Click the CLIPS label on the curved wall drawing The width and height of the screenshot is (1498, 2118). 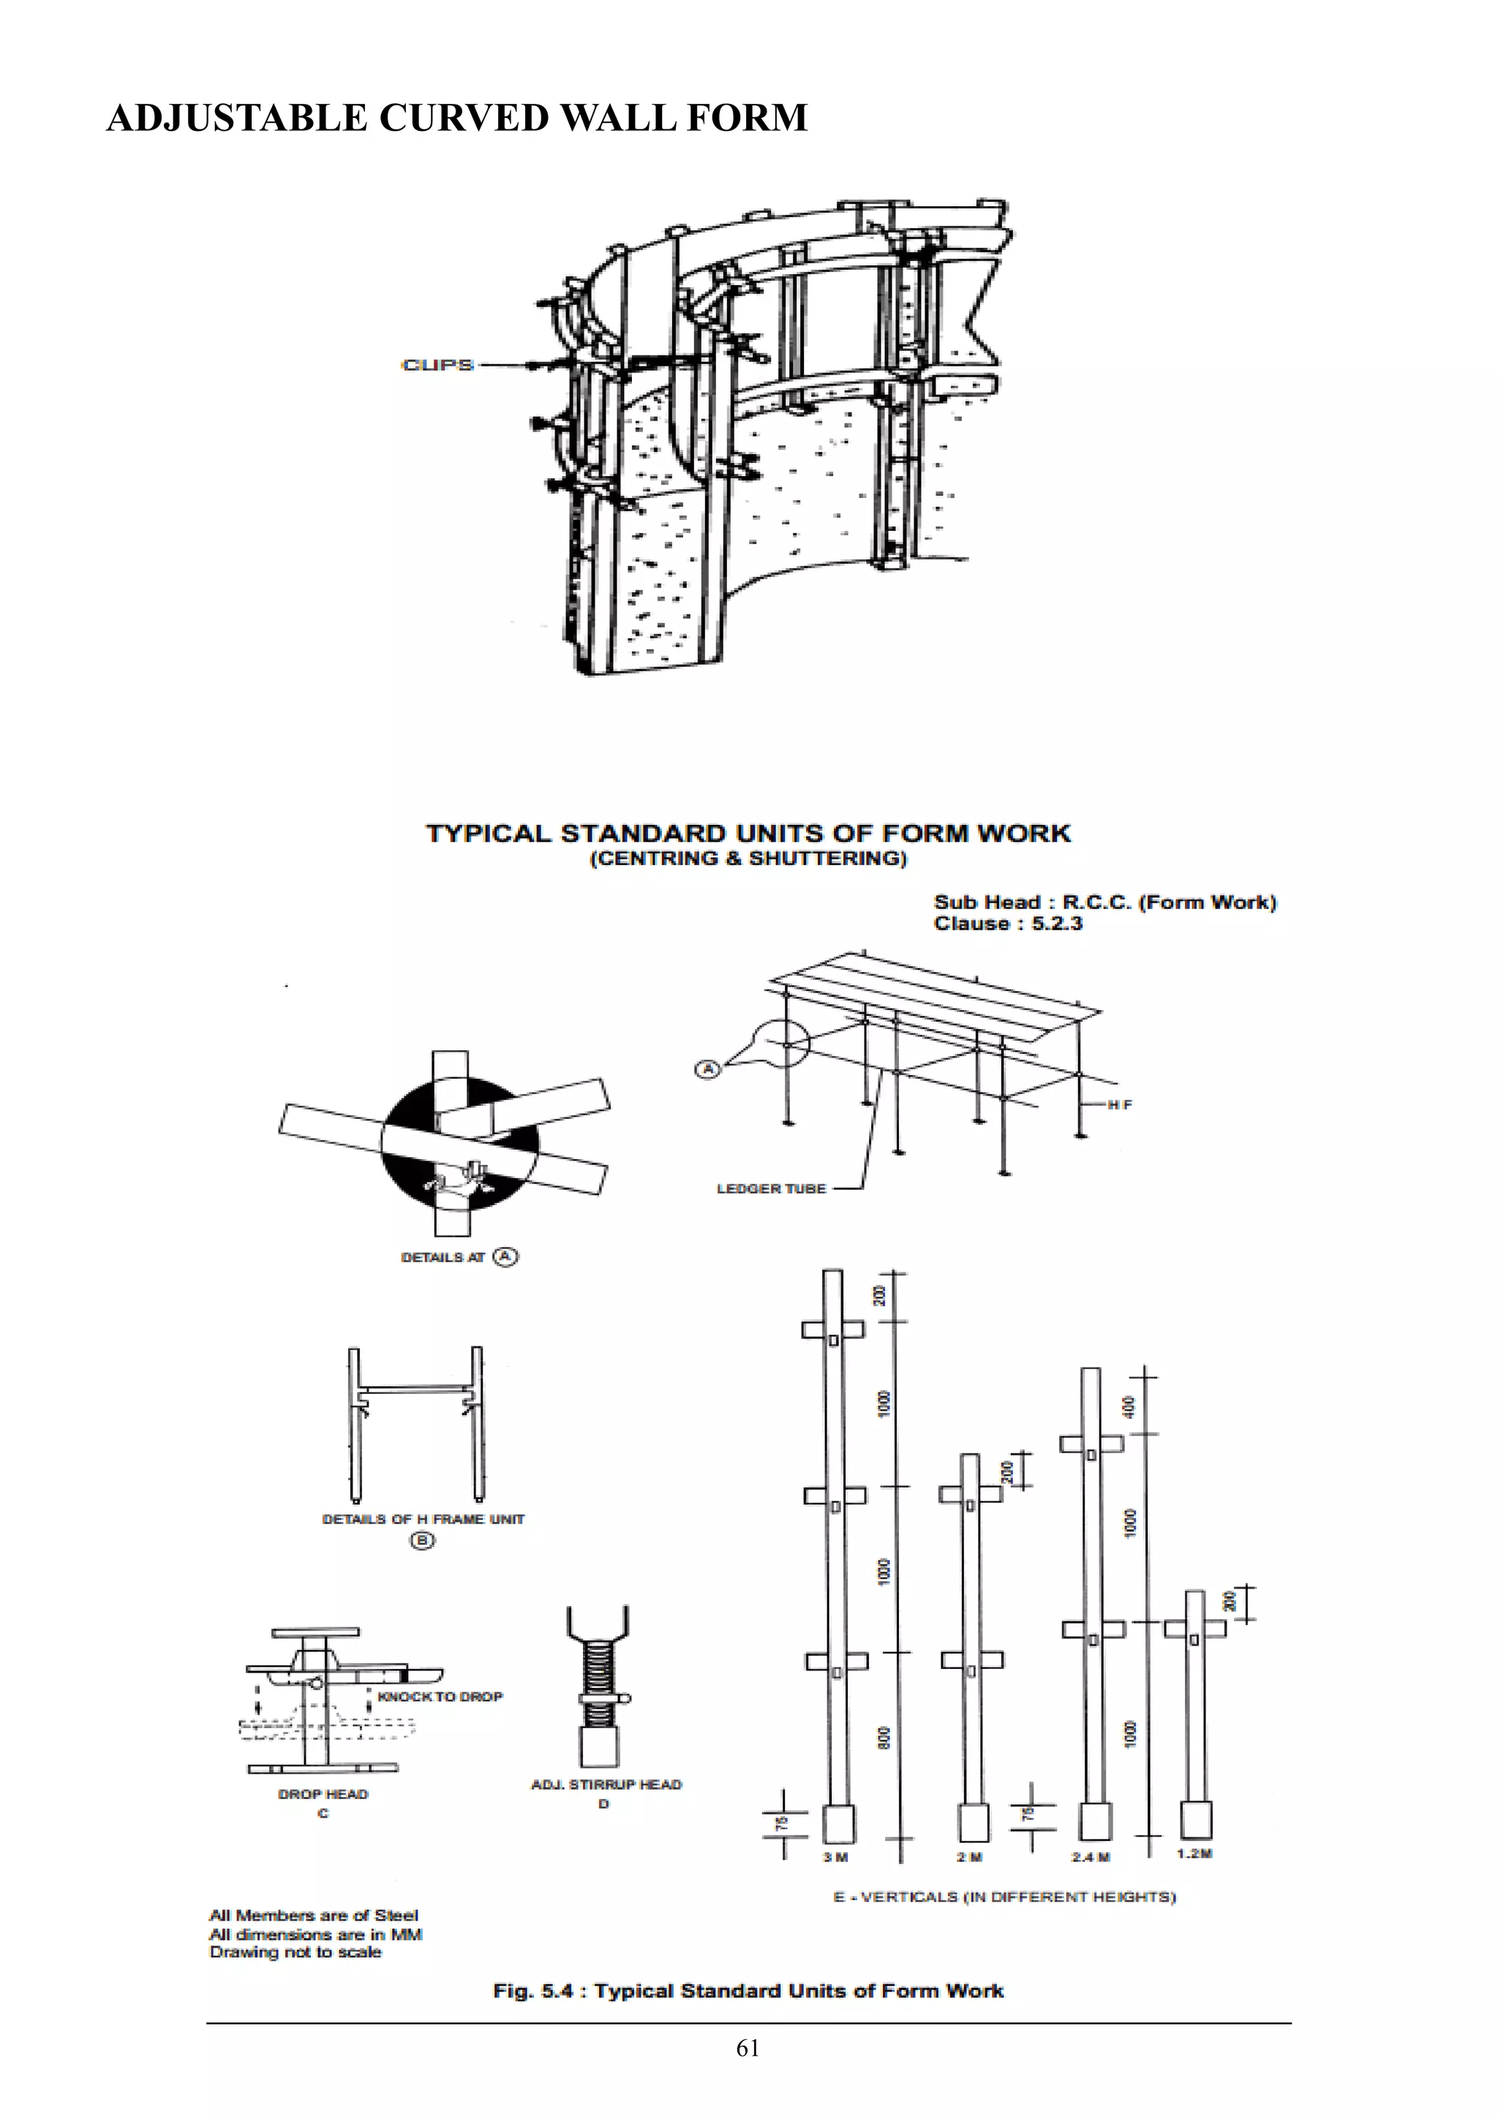coord(437,365)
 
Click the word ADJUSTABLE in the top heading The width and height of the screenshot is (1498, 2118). coord(236,118)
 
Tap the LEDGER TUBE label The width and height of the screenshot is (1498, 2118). coord(771,1189)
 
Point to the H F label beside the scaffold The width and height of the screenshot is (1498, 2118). coord(1120,1104)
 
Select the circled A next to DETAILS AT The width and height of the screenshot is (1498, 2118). coord(505,1256)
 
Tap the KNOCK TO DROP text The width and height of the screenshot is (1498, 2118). coord(440,1697)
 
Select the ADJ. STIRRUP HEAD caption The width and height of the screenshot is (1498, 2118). coord(606,1785)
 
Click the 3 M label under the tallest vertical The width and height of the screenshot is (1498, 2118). coord(836,1857)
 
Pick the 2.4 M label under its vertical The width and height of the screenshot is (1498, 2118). coord(1091,1857)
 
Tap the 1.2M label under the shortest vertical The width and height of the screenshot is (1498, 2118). coord(1194,1853)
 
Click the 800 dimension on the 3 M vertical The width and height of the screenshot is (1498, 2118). coord(884,1738)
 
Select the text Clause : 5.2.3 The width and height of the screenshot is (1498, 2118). coord(1007,924)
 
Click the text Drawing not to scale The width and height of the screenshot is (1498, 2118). coord(296,1952)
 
